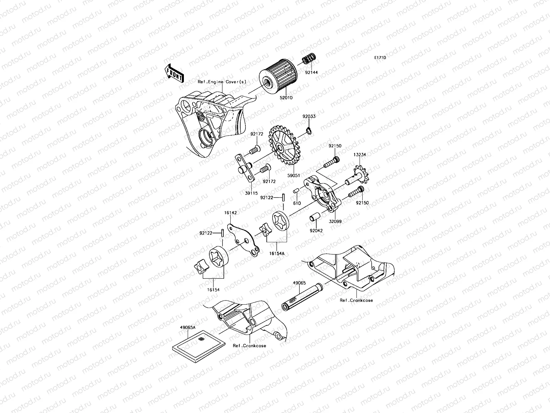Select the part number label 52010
286,98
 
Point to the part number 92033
309,117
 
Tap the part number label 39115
251,193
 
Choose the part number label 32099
335,222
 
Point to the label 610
297,203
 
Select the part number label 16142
231,213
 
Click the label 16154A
277,253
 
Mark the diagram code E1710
380,58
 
